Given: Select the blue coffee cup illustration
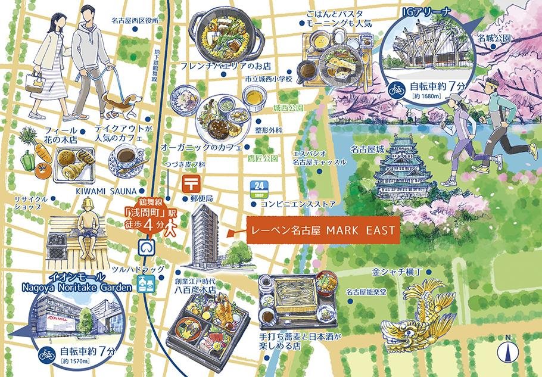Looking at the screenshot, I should (x=126, y=160).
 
